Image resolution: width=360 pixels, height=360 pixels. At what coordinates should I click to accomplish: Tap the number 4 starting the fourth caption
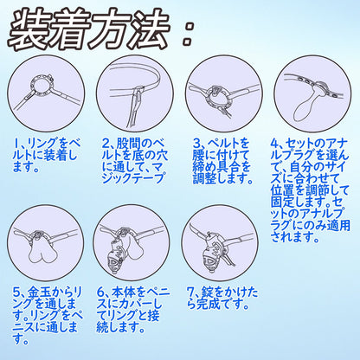[x=275, y=141]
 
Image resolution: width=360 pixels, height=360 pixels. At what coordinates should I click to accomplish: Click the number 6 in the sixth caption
[x=104, y=292]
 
